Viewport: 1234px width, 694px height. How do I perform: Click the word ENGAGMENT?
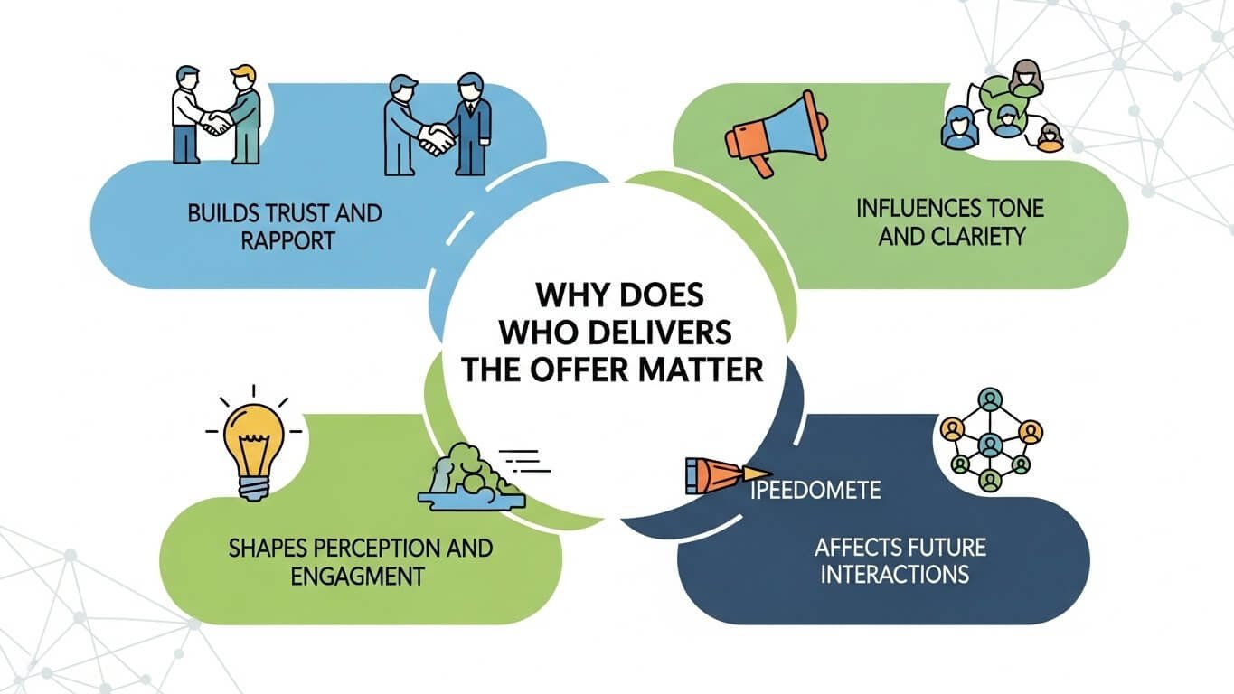[357, 575]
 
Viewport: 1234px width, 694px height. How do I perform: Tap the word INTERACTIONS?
[895, 574]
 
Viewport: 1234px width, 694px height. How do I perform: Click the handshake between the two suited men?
[438, 138]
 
